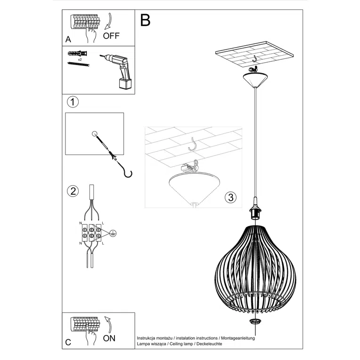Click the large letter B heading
pyautogui.click(x=145, y=20)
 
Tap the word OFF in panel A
pyautogui.click(x=111, y=36)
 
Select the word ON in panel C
pyautogui.click(x=109, y=338)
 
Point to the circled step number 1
pyautogui.click(x=73, y=102)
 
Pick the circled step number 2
pyautogui.click(x=73, y=191)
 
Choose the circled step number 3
pyautogui.click(x=230, y=197)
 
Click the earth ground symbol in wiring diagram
pyautogui.click(x=113, y=232)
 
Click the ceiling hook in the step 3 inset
pyautogui.click(x=193, y=144)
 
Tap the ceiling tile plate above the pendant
pyautogui.click(x=254, y=56)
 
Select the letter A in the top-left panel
pyautogui.click(x=69, y=39)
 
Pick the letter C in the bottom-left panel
pyautogui.click(x=69, y=343)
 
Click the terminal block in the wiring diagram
pyautogui.click(x=91, y=232)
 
